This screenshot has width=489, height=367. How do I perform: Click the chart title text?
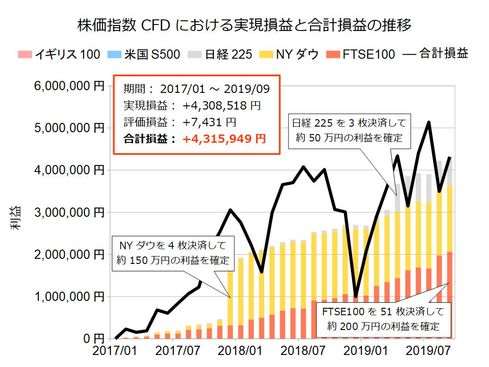pos(245,24)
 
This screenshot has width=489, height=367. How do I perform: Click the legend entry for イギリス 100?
pos(59,55)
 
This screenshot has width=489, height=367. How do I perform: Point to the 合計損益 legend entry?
pos(435,55)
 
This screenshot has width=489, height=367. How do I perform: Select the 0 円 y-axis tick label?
pos(93,339)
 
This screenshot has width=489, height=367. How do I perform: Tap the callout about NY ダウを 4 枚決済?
pos(174,252)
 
